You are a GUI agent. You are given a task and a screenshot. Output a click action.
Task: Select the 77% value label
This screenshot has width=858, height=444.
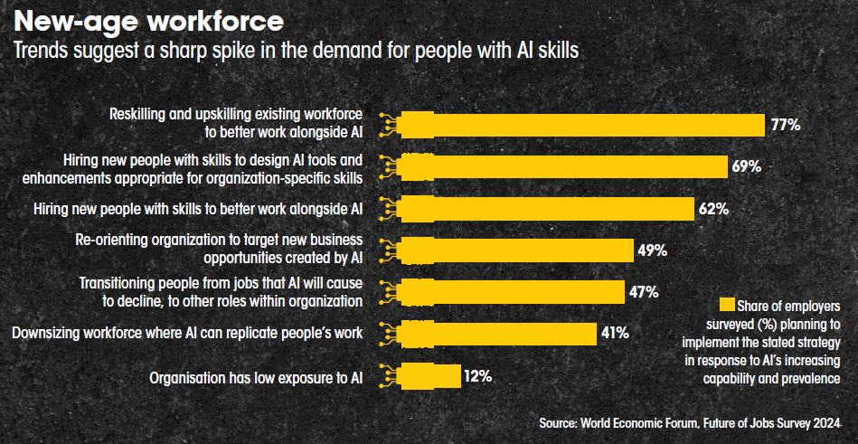(785, 125)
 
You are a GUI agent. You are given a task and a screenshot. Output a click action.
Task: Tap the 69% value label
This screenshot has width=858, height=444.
(746, 166)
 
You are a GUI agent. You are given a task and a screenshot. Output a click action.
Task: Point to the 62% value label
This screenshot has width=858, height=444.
(712, 209)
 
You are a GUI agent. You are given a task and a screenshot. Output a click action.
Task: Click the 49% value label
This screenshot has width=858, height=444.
(652, 250)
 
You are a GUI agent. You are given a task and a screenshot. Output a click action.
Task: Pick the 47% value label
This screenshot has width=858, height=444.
(643, 291)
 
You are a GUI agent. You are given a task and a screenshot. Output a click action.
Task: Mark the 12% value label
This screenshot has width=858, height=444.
(476, 375)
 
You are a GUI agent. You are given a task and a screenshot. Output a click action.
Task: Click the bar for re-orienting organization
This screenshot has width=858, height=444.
(515, 250)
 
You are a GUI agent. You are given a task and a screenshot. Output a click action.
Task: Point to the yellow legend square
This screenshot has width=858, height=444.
(726, 305)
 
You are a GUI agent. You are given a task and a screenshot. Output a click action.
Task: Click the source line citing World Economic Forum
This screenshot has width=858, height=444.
(696, 423)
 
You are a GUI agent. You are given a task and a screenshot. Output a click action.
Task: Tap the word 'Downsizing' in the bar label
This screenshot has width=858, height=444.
(50, 334)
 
